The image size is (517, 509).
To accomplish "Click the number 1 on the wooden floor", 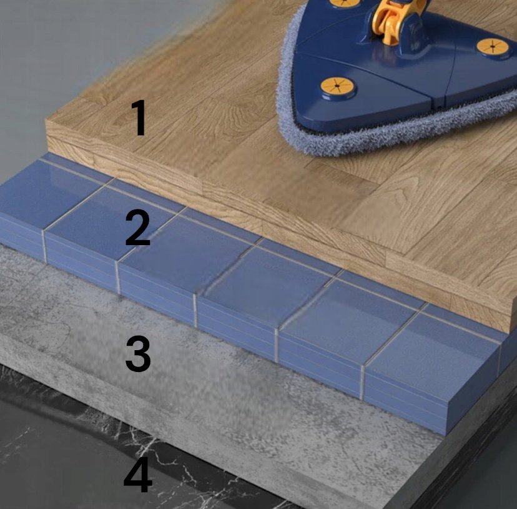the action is click(139, 118).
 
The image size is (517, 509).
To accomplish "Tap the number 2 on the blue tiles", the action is click(138, 227).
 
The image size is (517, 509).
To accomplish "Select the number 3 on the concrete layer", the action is click(138, 354).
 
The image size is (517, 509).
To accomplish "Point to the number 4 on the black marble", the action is click(138, 475).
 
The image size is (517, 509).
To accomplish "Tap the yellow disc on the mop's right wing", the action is click(493, 48).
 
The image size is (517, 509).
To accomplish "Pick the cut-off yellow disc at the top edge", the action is click(345, 3).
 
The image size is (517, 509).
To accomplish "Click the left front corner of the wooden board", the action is click(46, 121).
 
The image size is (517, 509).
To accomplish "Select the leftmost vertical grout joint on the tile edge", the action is click(44, 246).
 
